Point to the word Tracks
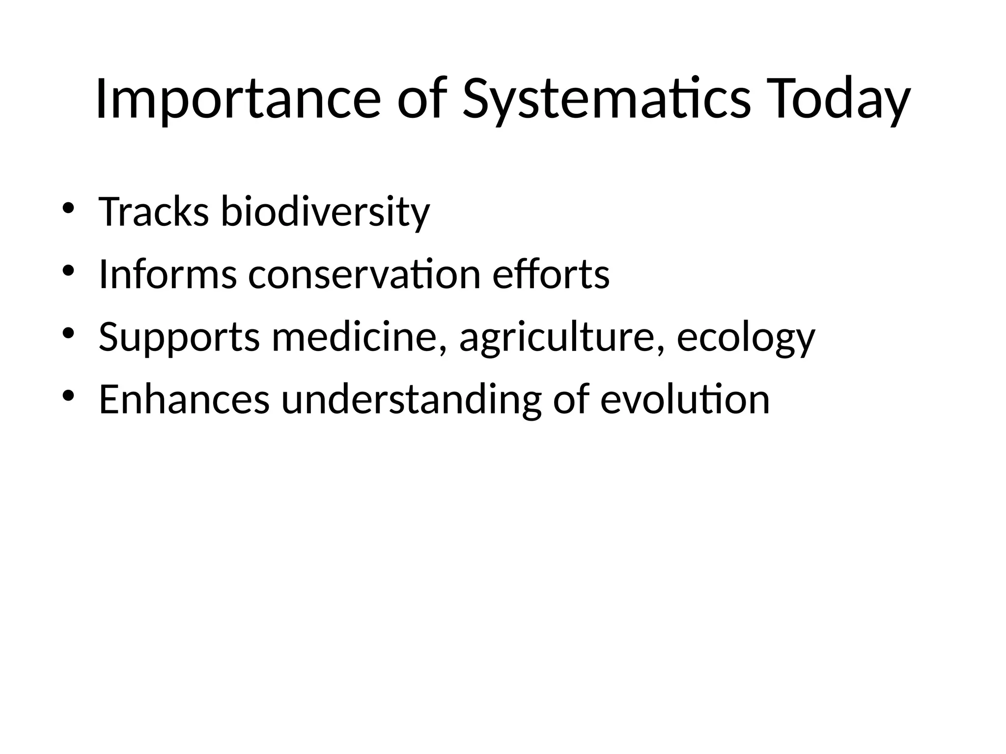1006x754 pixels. tap(154, 212)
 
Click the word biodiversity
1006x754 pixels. tap(325, 212)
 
